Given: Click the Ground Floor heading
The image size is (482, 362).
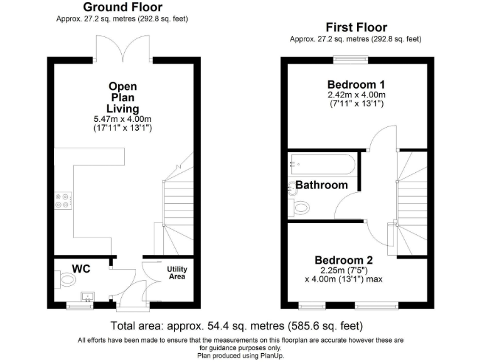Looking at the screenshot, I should coord(122,8).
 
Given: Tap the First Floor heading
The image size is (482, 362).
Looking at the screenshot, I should coord(356,28).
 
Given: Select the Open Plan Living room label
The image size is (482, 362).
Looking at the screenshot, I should coord(122,97).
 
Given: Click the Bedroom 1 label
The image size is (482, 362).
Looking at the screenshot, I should coord(356,85).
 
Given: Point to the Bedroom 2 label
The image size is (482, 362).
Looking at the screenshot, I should coord(343,260).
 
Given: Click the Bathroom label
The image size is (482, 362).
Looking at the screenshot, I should coord(321,185).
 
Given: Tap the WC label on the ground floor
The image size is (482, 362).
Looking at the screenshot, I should coord(81,269).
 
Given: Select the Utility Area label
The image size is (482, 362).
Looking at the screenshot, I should coord(177,273).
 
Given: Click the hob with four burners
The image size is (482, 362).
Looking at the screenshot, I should coord(63,199).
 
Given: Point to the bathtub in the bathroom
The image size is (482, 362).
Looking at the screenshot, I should coord(322,165).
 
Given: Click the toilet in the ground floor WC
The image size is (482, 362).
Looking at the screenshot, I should coord(65,279).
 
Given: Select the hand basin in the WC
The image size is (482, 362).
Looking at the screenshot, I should coord(88,295).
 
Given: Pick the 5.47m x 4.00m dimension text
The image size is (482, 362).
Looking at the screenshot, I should coord(122,119).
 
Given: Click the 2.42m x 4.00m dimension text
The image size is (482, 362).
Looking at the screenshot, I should coord(356,95).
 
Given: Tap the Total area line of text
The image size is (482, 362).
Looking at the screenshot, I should coord(237,326).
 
